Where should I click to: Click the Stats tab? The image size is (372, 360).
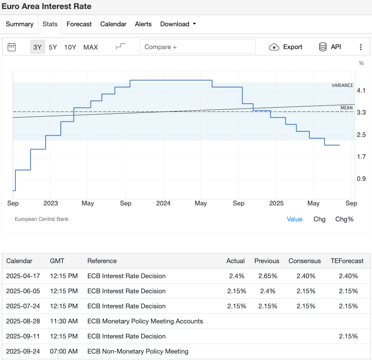coord(50,24)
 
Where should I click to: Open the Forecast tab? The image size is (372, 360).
coord(79,24)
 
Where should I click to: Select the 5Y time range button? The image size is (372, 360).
coord(53,47)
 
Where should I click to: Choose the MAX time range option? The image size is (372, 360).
coord(91,47)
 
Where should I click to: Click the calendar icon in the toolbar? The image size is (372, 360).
coord(12,47)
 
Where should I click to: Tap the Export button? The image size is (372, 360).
coord(286,47)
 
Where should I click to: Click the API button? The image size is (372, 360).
coord(330,47)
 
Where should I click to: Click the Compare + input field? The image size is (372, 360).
coord(197,47)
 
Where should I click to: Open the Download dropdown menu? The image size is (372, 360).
coord(178,24)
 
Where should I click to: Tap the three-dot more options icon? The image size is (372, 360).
coord(361,47)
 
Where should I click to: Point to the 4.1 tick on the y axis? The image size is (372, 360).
coord(361,90)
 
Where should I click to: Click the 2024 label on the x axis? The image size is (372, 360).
coord(163,203)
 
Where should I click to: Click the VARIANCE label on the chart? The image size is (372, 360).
coord(342,85)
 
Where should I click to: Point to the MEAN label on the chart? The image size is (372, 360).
coord(347,108)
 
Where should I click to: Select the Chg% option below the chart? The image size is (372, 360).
coord(344,219)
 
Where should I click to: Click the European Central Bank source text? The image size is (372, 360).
coord(42,219)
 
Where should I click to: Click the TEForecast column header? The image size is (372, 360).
coord(347,261)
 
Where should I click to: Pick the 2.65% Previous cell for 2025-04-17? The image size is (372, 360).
coord(267,276)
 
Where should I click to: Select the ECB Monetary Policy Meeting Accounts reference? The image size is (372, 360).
coord(145,321)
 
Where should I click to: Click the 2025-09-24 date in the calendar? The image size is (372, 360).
coord(23,351)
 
